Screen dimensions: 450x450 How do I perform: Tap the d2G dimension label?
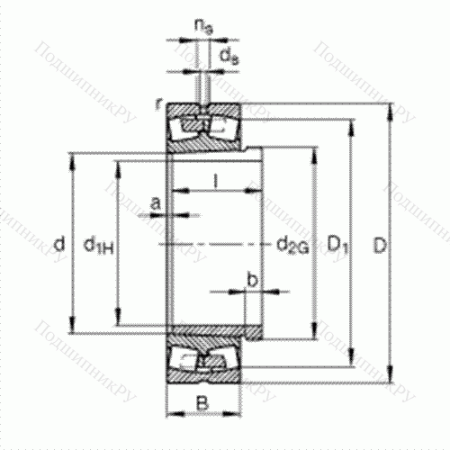click(292, 244)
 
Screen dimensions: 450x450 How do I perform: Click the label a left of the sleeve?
click(157, 205)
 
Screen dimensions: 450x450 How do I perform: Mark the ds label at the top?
click(230, 55)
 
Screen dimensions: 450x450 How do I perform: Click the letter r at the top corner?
click(157, 105)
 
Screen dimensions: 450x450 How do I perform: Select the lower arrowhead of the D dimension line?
click(390, 378)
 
